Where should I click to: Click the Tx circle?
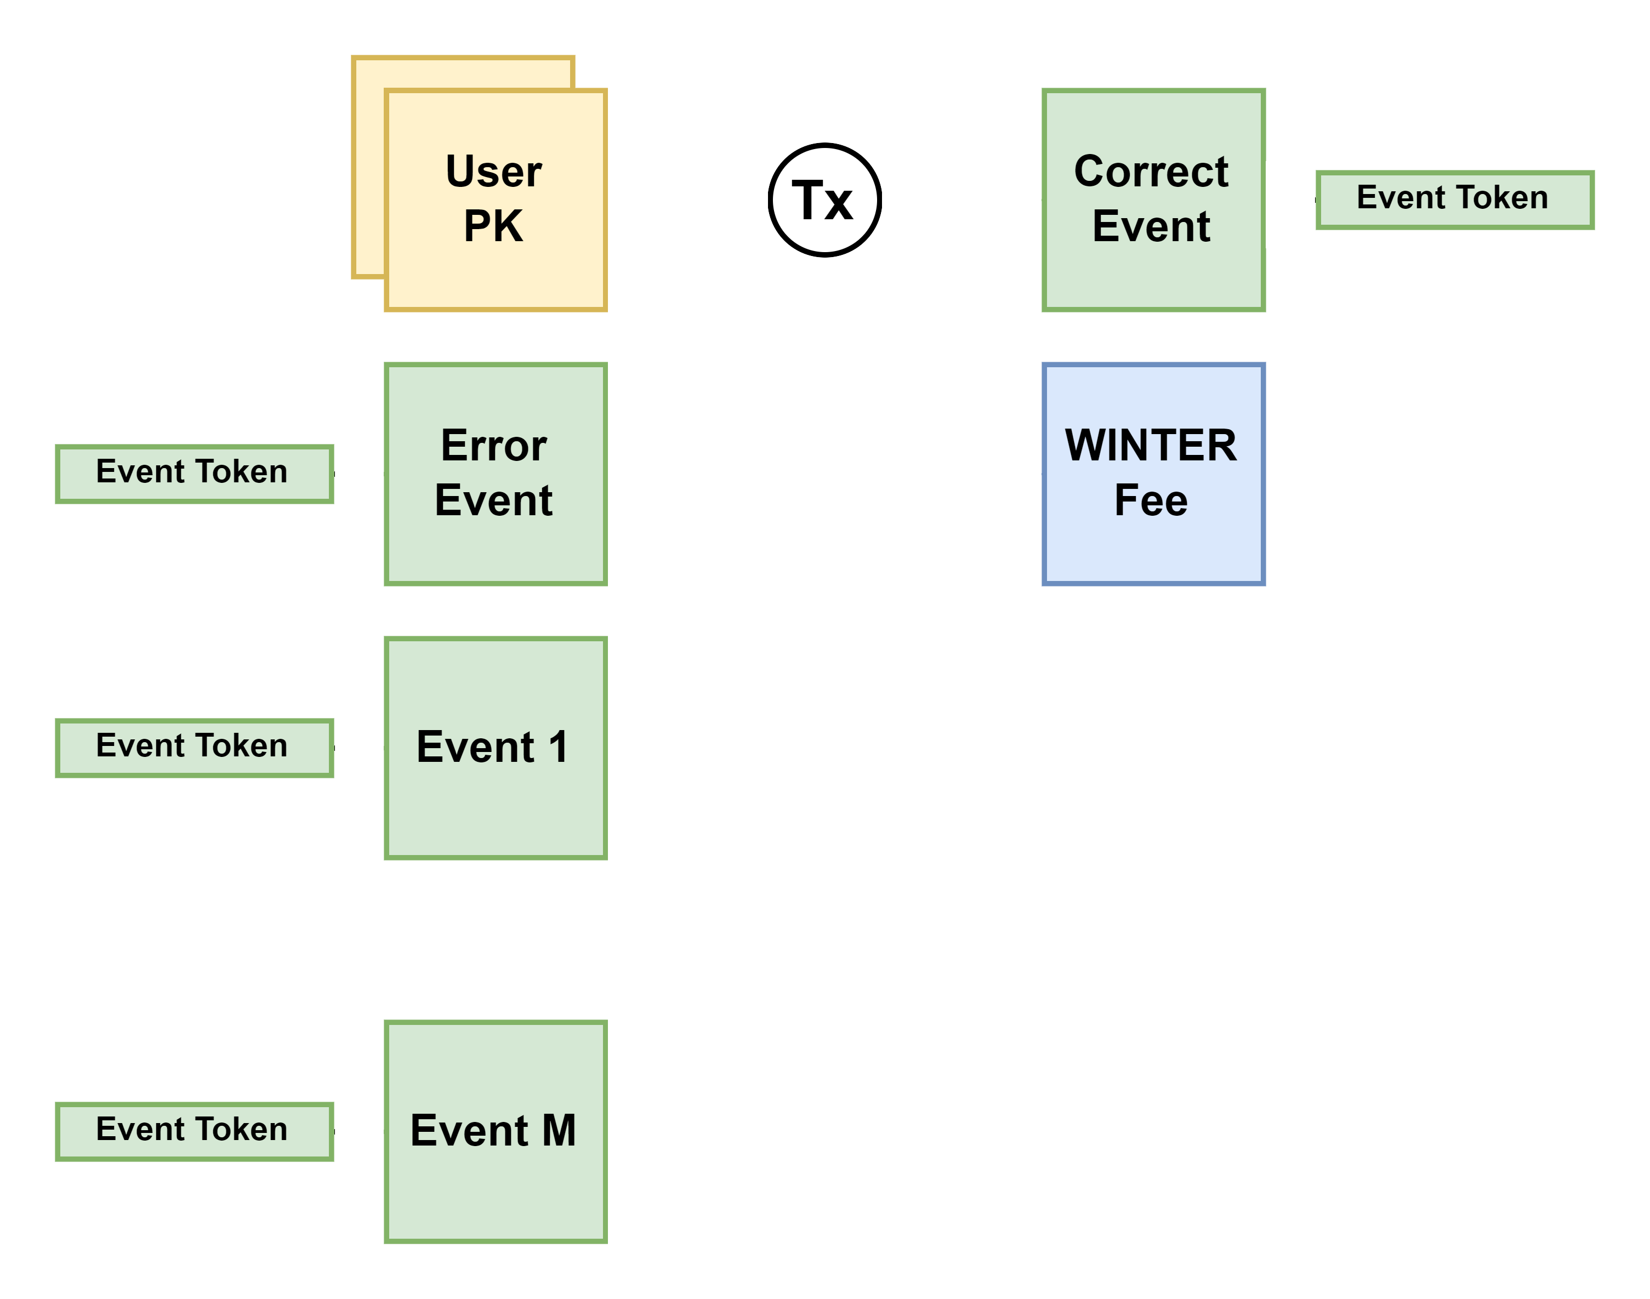coord(824,200)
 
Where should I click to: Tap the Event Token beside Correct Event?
coord(1454,200)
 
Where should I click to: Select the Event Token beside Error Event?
coord(195,474)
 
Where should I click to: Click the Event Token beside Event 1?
coord(195,748)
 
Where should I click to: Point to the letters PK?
coord(494,227)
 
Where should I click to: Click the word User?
coord(494,172)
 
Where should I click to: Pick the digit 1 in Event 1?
coord(559,747)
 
